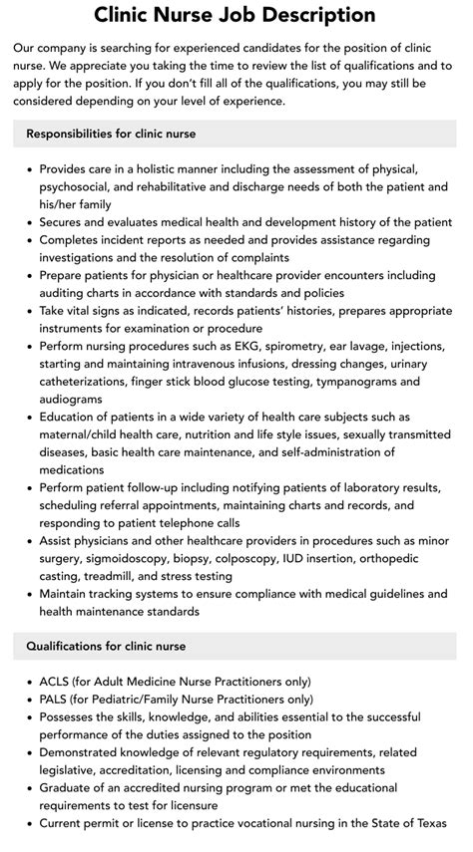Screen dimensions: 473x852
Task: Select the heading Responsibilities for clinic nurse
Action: point(111,133)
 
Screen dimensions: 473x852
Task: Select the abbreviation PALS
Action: point(57,700)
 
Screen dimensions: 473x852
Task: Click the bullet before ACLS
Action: point(30,682)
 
